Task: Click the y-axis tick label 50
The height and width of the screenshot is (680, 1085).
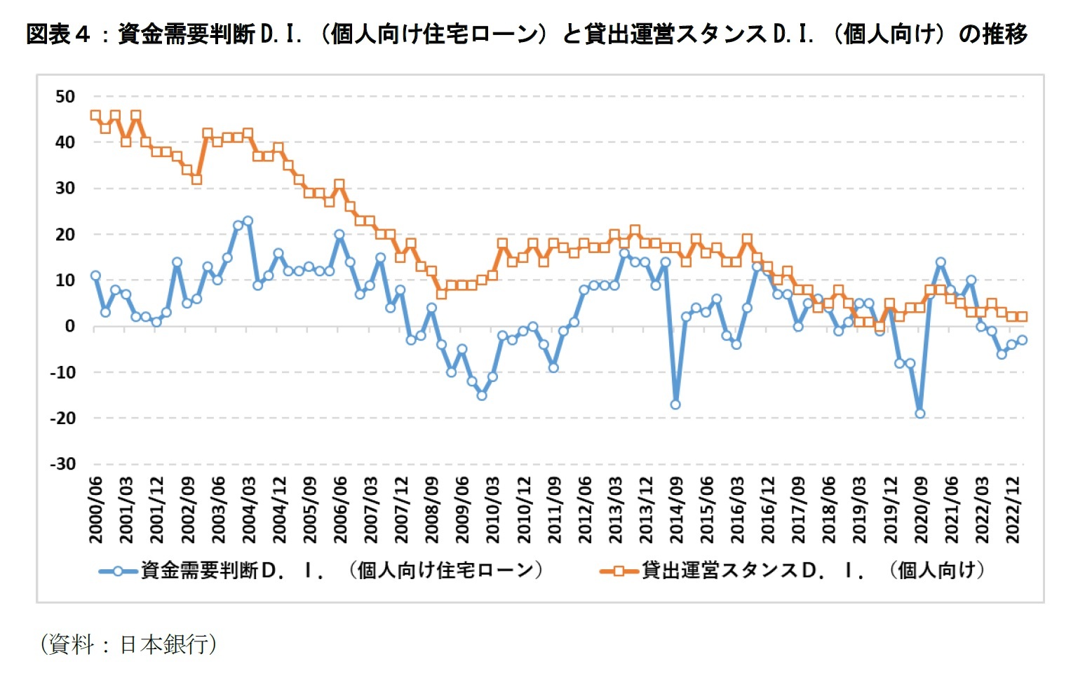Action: [x=65, y=97]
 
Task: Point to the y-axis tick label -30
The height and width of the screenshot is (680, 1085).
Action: [x=63, y=464]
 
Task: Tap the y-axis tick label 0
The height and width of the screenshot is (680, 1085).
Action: [x=69, y=326]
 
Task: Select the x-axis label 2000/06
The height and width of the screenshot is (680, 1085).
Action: [x=96, y=510]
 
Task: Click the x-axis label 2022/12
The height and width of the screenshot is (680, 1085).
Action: [x=1013, y=510]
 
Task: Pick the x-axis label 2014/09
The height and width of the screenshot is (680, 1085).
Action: [x=676, y=510]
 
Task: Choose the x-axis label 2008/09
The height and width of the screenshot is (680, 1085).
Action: [x=432, y=510]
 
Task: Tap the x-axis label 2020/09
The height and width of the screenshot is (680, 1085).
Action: [x=921, y=510]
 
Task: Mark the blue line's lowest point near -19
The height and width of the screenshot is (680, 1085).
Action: [x=920, y=414]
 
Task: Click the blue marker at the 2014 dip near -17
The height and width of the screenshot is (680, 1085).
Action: [x=675, y=404]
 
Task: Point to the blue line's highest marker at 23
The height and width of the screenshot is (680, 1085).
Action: [x=248, y=221]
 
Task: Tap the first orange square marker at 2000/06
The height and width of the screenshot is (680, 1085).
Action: [x=95, y=115]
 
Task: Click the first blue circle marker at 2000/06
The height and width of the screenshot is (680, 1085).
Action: [x=95, y=276]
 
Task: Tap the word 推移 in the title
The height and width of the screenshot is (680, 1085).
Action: [x=1004, y=34]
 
